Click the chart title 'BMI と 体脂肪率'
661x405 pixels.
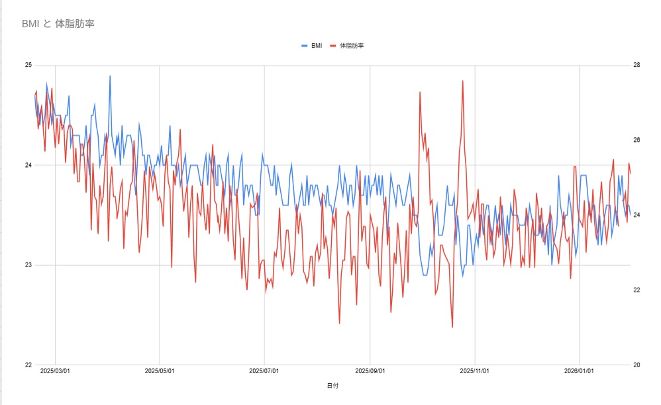coord(58,24)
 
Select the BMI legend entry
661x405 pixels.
coord(312,46)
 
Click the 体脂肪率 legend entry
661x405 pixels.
coord(347,46)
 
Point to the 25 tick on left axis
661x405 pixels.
coord(28,65)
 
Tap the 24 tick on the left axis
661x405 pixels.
coord(28,165)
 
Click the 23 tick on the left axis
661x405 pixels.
coord(28,265)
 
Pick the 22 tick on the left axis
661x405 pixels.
coord(28,365)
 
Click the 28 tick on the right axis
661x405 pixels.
coord(636,65)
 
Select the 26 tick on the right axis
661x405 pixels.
coord(636,140)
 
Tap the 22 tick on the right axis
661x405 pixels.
coord(636,290)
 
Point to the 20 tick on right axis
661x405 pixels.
coord(636,365)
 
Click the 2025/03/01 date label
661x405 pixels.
coord(55,371)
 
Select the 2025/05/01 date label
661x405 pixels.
coord(160,371)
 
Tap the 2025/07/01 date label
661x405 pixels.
coord(264,371)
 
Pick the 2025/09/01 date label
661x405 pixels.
coord(370,371)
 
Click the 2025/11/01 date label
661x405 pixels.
coord(475,371)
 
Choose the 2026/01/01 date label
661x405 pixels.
coord(579,371)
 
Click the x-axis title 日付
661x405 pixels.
coord(332,386)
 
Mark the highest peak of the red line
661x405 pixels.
coord(462,81)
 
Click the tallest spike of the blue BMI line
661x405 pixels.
coord(110,76)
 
